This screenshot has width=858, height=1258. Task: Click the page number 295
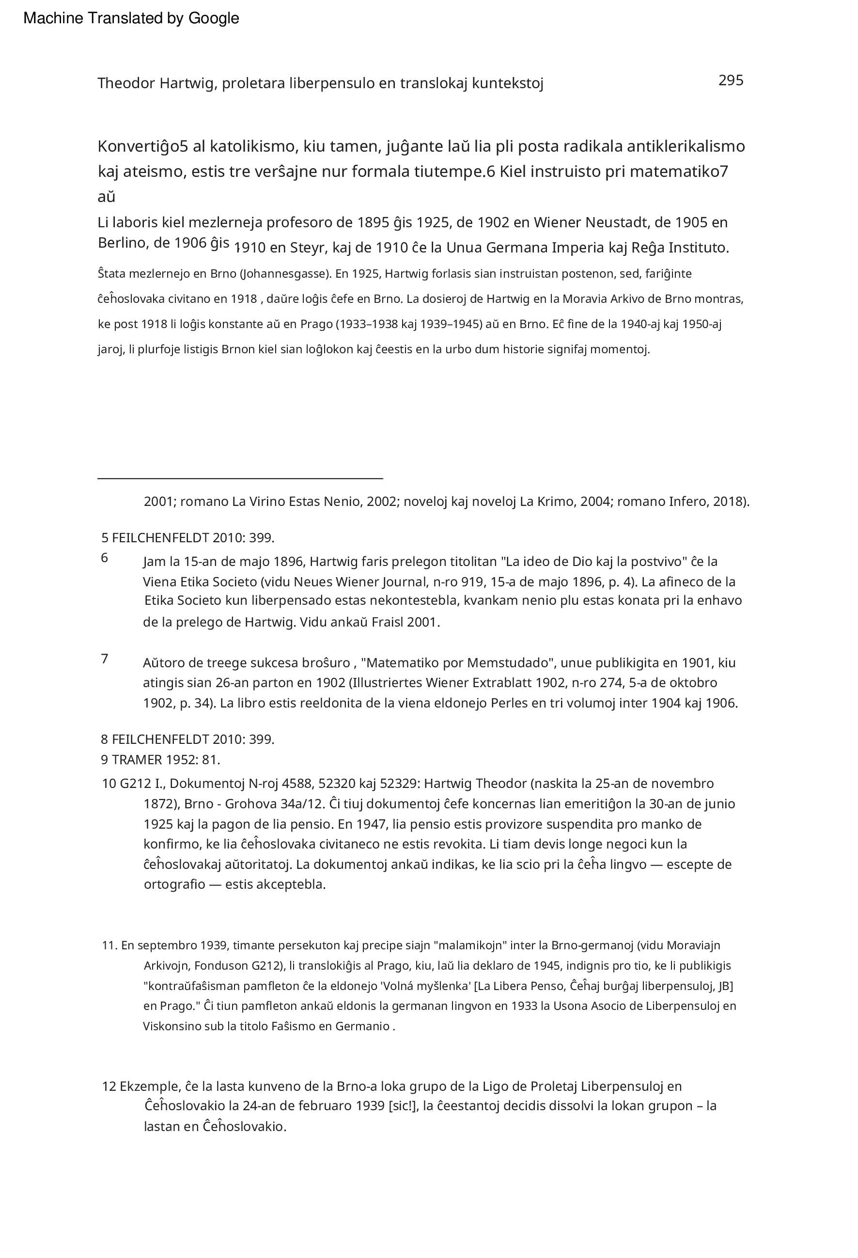[730, 80]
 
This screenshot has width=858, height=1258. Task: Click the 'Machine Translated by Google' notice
[131, 18]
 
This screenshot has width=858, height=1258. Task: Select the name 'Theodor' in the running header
[126, 83]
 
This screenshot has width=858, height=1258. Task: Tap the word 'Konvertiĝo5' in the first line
[142, 147]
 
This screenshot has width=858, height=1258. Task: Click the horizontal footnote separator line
[240, 478]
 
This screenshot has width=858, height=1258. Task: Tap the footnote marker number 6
[105, 558]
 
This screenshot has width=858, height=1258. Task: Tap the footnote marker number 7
[105, 659]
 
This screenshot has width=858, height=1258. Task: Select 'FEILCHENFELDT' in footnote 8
[160, 739]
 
